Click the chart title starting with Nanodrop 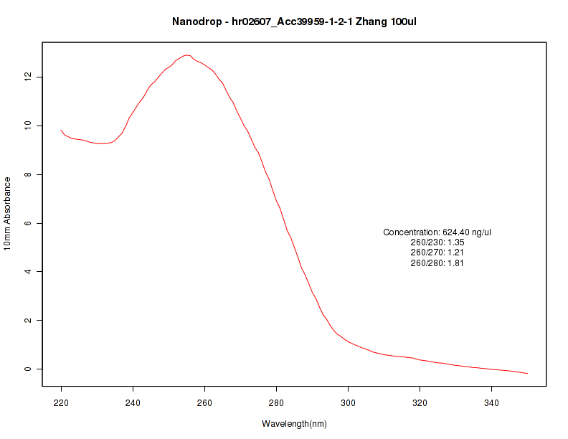(x=294, y=22)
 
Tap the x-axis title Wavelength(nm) (x=294, y=424)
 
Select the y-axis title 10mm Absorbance (x=8, y=214)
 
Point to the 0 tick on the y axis (x=27, y=369)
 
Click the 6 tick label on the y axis (x=27, y=223)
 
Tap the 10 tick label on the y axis (x=27, y=126)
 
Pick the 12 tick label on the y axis (x=27, y=77)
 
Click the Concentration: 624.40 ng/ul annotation (x=437, y=232)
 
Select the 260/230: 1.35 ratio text (x=437, y=242)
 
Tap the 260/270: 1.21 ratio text (x=437, y=252)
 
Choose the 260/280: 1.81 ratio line (x=437, y=263)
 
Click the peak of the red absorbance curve (x=186, y=55)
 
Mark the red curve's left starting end (x=61, y=130)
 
